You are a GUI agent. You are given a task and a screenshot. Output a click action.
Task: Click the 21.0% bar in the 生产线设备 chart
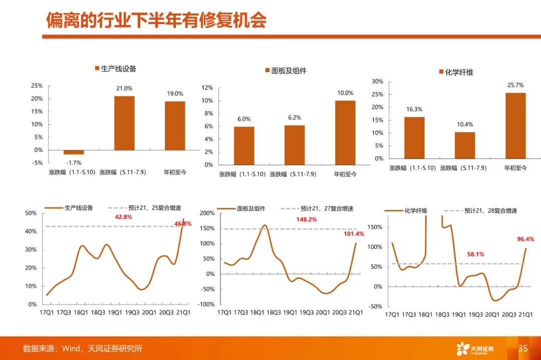[x=124, y=123]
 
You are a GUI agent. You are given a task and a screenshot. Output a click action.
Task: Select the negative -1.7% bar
[x=74, y=152]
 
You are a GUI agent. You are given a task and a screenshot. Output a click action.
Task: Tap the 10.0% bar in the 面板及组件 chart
[x=345, y=133]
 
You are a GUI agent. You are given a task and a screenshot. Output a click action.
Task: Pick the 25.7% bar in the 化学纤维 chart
[x=515, y=126]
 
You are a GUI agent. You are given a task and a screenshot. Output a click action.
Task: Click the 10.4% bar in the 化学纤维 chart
[x=465, y=145]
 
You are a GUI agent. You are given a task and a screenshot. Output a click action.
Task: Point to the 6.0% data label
[x=244, y=119]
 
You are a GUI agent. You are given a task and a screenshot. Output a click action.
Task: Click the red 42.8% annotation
[x=124, y=217]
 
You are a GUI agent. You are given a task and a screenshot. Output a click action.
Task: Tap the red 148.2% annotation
[x=307, y=219]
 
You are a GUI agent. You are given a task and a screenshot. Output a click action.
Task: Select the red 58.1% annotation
[x=475, y=254]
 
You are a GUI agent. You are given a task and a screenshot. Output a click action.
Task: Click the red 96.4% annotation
[x=525, y=239]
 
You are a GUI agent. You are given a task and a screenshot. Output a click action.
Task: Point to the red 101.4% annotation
[x=354, y=234]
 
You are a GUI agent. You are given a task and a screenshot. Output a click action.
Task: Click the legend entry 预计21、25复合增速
[x=145, y=208]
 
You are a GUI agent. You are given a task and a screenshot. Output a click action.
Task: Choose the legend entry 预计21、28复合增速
[x=480, y=211]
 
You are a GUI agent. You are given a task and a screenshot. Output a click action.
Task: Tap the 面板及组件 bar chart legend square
[x=267, y=70]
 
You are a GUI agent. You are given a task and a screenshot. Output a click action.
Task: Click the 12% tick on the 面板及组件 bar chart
[x=207, y=88]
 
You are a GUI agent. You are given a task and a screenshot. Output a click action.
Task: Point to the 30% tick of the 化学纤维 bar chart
[x=378, y=82]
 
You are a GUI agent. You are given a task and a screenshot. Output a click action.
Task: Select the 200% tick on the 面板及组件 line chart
[x=207, y=213]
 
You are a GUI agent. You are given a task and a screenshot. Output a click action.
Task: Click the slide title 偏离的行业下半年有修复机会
[x=156, y=20]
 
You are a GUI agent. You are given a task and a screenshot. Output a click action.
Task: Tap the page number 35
[x=523, y=348]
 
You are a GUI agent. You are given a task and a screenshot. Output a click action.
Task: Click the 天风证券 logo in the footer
[x=475, y=348]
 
